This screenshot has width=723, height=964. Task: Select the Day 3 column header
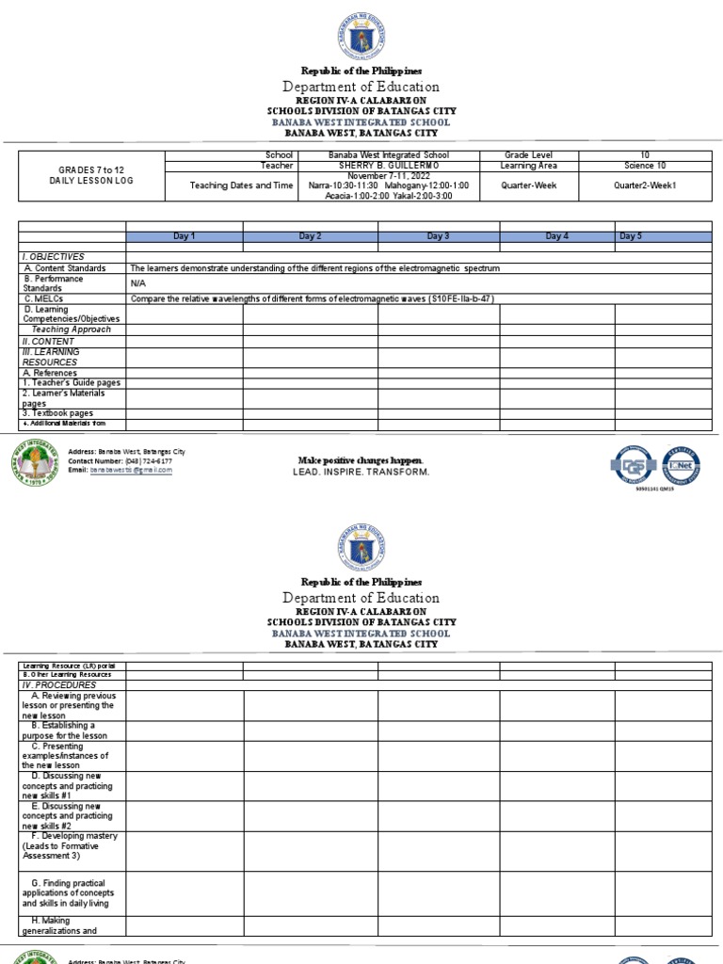pos(438,236)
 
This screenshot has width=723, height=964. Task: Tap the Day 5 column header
pos(632,236)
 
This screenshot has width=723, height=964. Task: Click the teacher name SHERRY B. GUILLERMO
pos(388,166)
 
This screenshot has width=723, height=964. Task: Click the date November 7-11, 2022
pos(388,176)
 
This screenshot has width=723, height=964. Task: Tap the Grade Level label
pos(528,155)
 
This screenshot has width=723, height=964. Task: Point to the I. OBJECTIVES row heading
pos(54,256)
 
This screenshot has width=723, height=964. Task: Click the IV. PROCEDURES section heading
pos(59,684)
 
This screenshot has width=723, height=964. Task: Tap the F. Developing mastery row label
pos(73,836)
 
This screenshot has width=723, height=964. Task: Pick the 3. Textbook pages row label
pos(57,413)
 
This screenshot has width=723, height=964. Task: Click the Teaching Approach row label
pos(72,329)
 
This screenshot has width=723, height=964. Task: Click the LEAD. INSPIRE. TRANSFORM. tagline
pos(361,471)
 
